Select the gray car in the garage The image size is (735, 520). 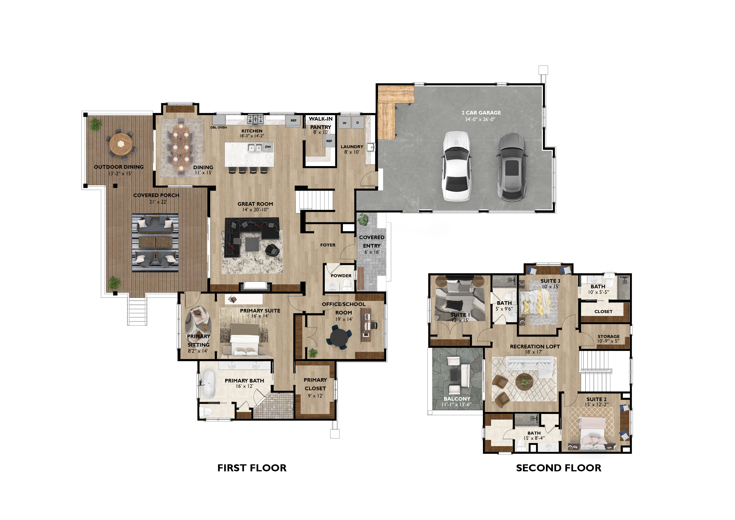[x=512, y=167]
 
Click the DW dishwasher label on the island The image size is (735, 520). [x=268, y=147]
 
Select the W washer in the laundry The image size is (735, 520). [x=345, y=123]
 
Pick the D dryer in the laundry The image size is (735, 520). [x=357, y=123]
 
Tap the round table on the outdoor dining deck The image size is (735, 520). [x=121, y=144]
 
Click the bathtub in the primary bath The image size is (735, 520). [x=209, y=384]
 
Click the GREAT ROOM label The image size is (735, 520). [x=255, y=204]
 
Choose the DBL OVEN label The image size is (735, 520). [x=218, y=127]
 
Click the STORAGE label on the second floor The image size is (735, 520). [x=609, y=336]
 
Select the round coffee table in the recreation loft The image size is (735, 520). [x=524, y=382]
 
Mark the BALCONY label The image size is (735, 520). [x=457, y=399]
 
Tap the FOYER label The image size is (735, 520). [x=328, y=245]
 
